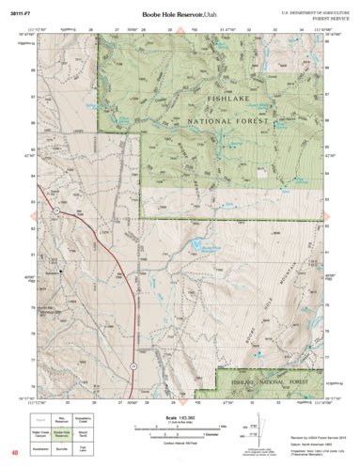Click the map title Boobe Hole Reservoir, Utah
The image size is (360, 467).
click(x=180, y=16)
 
